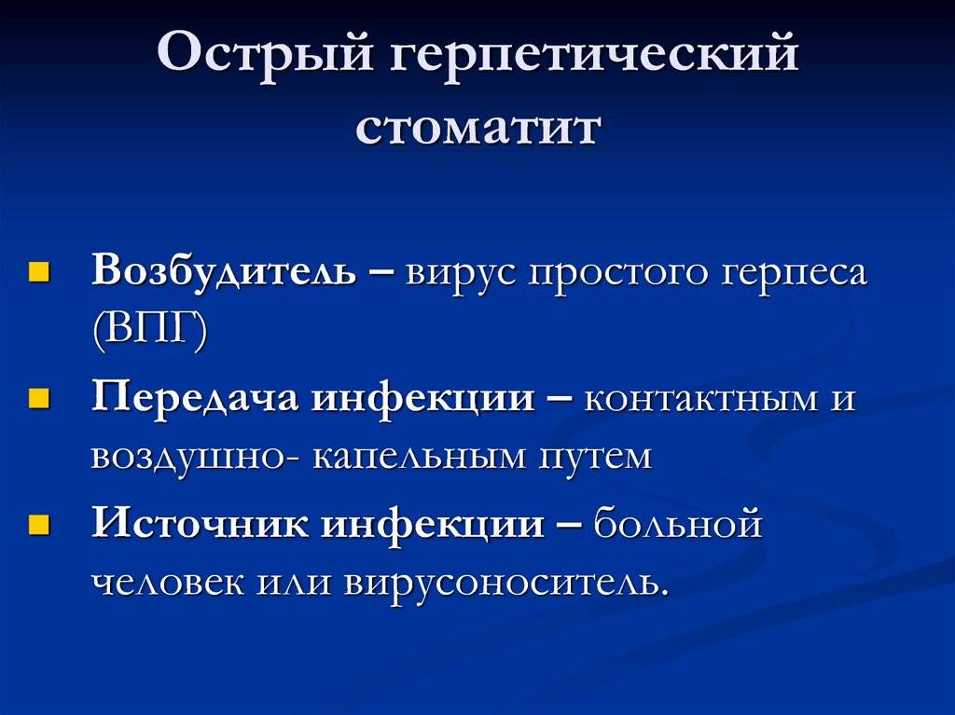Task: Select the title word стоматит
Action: pyautogui.click(x=477, y=128)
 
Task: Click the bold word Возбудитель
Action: pyautogui.click(x=224, y=272)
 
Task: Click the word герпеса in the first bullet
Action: pyautogui.click(x=794, y=274)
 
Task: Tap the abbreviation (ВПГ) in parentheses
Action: pyautogui.click(x=149, y=331)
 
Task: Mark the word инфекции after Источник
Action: pyautogui.click(x=434, y=525)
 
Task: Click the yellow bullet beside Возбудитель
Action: pyautogui.click(x=38, y=274)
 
